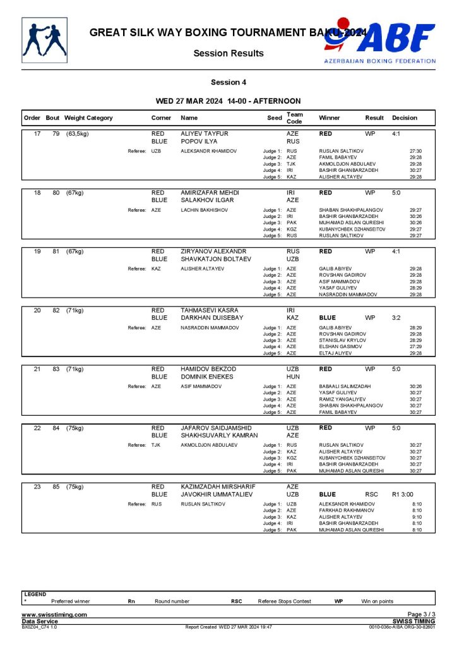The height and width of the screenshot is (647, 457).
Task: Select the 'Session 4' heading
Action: pyautogui.click(x=228, y=82)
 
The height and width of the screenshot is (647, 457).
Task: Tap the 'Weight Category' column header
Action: pyautogui.click(x=88, y=118)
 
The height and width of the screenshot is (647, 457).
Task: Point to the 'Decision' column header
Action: pyautogui.click(x=404, y=118)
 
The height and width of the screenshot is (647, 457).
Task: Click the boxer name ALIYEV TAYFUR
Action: pyautogui.click(x=204, y=134)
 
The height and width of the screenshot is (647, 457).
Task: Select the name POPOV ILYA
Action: pyautogui.click(x=199, y=142)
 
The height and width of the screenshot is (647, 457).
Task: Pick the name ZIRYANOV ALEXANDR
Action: pyautogui.click(x=213, y=251)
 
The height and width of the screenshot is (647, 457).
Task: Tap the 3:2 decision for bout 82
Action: pyautogui.click(x=396, y=318)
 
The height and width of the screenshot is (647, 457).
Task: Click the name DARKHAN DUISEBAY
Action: pyautogui.click(x=211, y=318)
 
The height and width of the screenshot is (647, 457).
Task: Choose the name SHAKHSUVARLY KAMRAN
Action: pyautogui.click(x=219, y=435)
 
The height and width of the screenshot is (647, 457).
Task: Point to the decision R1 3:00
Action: pyautogui.click(x=405, y=494)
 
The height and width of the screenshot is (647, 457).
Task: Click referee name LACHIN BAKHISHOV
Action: pyautogui.click(x=204, y=210)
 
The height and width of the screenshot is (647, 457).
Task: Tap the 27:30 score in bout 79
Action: pyautogui.click(x=415, y=151)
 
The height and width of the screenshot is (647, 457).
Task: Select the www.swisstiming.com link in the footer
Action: pyautogui.click(x=54, y=615)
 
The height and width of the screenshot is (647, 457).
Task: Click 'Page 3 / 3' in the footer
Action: pyautogui.click(x=422, y=615)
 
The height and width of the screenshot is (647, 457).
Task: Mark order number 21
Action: pyautogui.click(x=37, y=368)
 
